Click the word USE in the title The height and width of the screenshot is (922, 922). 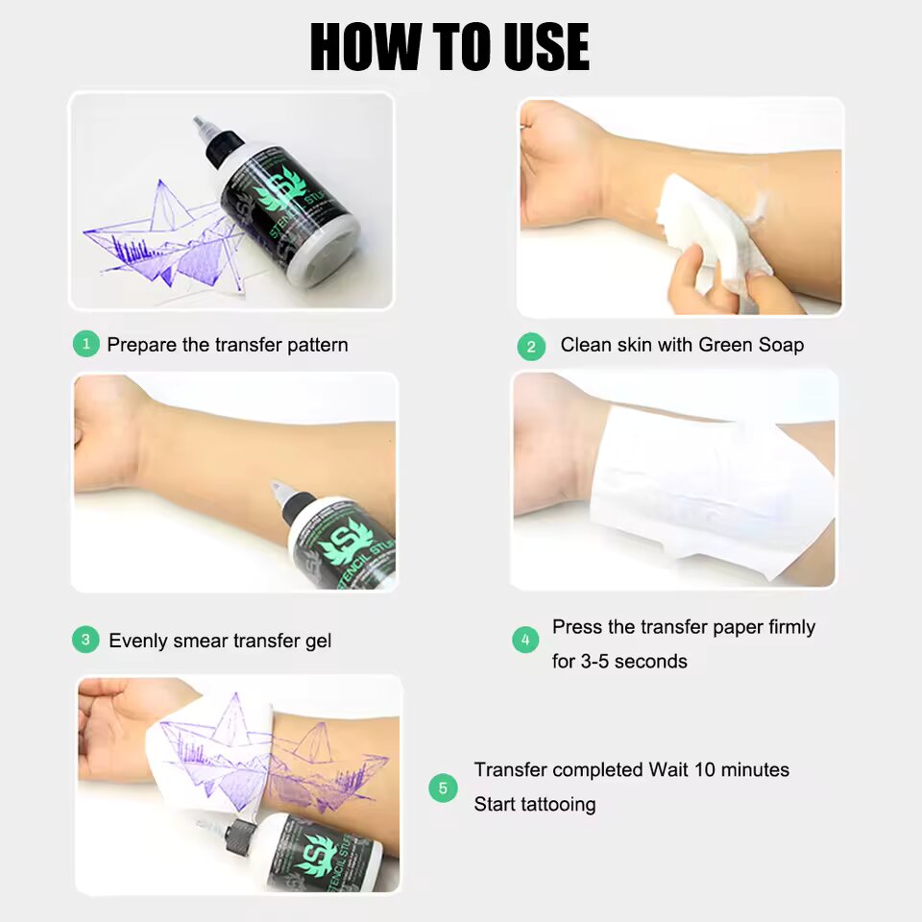[x=546, y=47]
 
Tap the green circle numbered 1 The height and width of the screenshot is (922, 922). [x=85, y=344]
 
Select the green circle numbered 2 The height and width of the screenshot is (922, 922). [x=531, y=347]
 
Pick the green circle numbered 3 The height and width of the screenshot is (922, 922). [x=85, y=640]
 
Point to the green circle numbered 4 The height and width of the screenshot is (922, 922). [x=525, y=640]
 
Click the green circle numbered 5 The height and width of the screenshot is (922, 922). [x=443, y=788]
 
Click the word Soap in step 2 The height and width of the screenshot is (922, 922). [x=781, y=345]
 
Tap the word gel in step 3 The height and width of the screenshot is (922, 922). [x=318, y=641]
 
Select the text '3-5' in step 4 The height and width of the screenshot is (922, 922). [x=596, y=662]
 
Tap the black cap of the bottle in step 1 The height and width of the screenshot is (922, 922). [x=223, y=146]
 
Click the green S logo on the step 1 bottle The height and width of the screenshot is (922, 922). [x=280, y=187]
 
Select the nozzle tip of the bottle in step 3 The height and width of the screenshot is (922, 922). [x=277, y=488]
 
